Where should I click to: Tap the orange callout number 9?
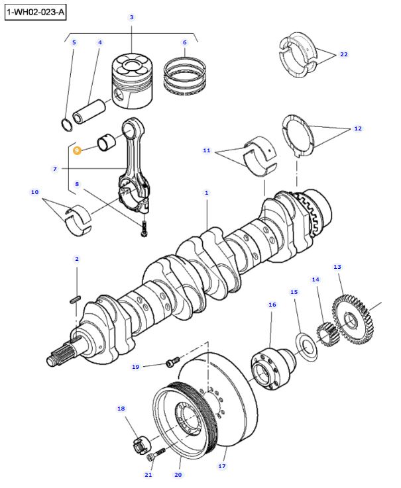(77, 150)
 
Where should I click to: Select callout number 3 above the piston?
(131, 17)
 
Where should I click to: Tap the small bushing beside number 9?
(107, 142)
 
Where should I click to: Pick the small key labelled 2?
(75, 299)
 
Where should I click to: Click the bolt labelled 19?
(172, 362)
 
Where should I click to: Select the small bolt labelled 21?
(160, 456)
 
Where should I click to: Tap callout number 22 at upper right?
(343, 54)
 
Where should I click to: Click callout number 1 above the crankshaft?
(206, 193)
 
